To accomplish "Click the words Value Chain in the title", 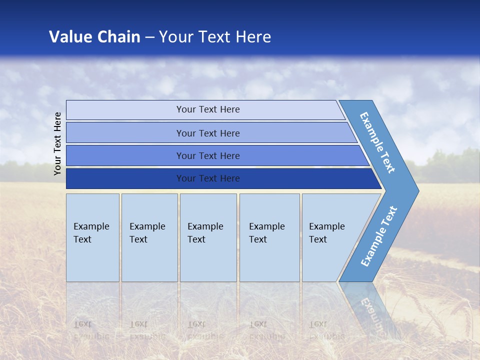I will click(94, 36).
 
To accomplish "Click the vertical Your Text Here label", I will click(57, 143).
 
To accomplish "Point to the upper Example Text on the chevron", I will click(377, 142).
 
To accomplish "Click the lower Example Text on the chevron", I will click(378, 236).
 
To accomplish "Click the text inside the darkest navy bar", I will click(208, 178).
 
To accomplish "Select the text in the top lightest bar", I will click(208, 109).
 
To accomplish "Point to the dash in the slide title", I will click(149, 37).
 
